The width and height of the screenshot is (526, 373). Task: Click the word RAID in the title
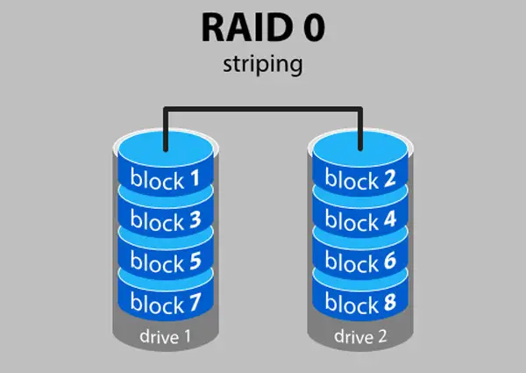pos(247,27)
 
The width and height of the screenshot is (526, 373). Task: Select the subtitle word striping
pos(263,64)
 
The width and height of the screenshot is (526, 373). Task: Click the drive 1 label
pos(166,336)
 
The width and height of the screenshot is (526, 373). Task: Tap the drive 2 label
pos(360,336)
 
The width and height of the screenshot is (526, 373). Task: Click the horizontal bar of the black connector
pos(263,109)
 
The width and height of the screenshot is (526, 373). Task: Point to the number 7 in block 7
pos(195,302)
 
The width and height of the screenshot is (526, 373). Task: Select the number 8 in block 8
pos(390,302)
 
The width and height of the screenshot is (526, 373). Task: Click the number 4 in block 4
pos(390,219)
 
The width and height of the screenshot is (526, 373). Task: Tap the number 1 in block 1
pos(195,178)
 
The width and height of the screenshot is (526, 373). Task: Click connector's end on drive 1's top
pos(166,149)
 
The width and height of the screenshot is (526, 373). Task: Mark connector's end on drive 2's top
pos(360,149)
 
